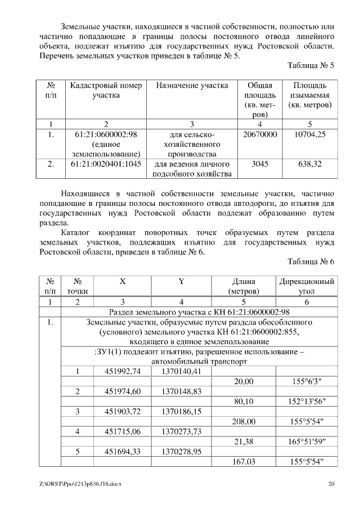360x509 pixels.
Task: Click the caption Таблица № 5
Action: pos(310,66)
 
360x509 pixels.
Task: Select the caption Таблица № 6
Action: pos(310,262)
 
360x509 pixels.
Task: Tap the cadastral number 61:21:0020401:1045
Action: pos(106,164)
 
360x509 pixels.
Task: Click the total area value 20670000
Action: pos(260,135)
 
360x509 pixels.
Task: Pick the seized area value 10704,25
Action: pos(309,135)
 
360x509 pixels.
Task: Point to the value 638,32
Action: pos(309,164)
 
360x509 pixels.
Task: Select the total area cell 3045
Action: pos(260,164)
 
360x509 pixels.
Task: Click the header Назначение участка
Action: pos(192,85)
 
